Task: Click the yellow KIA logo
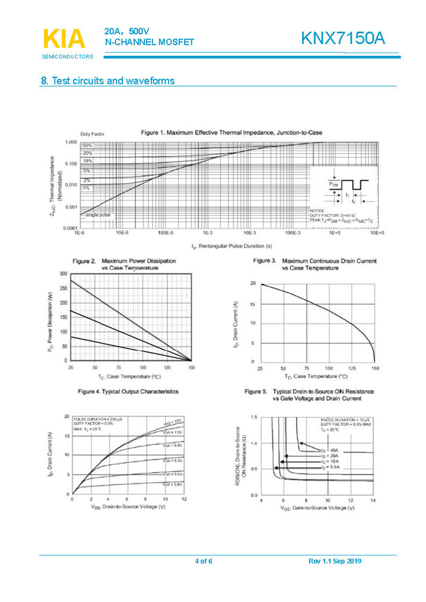point(64,39)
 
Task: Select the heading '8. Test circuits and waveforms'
point(108,81)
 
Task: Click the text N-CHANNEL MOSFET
point(150,42)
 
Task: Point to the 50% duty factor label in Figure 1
point(87,145)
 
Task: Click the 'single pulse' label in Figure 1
point(98,215)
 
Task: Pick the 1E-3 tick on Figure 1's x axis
point(207,233)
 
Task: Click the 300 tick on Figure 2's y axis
point(63,273)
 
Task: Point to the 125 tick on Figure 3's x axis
point(352,368)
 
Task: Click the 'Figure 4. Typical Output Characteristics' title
point(128,391)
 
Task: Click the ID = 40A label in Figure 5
point(330,450)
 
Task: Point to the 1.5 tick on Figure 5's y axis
point(253,417)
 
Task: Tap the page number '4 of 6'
point(203,561)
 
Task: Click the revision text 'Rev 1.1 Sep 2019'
point(335,561)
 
